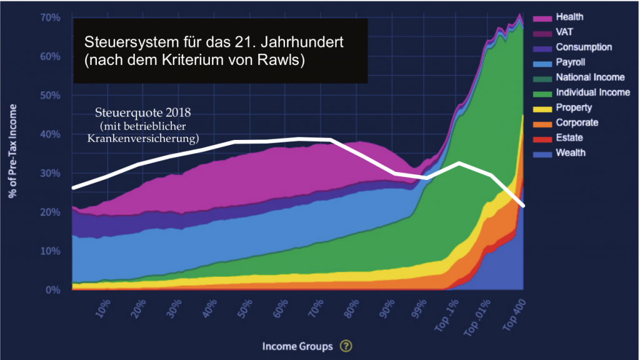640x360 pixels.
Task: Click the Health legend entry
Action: coord(569,17)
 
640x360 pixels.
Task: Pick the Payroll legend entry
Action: coord(569,62)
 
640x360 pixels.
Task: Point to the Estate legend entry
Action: coord(568,138)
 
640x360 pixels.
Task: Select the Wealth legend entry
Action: coord(570,153)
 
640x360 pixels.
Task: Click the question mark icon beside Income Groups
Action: coord(346,346)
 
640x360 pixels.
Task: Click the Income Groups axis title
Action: coord(298,346)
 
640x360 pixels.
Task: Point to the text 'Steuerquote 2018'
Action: coord(144,115)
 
